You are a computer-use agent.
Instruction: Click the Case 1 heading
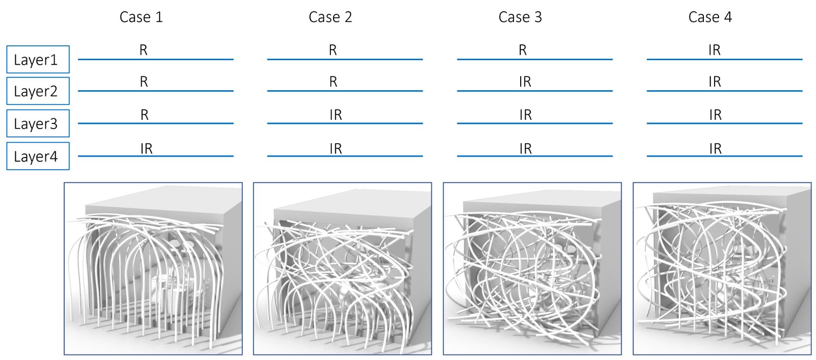[x=141, y=17]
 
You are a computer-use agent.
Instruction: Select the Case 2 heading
[x=330, y=17]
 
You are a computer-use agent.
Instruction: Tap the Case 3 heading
[x=520, y=17]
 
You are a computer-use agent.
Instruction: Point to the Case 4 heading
[x=709, y=17]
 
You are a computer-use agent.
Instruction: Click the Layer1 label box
[x=38, y=59]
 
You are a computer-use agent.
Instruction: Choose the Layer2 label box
[x=38, y=91]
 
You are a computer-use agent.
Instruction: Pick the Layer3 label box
[x=38, y=123]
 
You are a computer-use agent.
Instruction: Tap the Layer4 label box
[x=38, y=156]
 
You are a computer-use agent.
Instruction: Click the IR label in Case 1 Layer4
[x=146, y=148]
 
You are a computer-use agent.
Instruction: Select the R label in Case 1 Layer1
[x=143, y=50]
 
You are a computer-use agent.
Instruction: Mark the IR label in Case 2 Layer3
[x=336, y=115]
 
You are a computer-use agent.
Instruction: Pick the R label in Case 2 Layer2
[x=333, y=82]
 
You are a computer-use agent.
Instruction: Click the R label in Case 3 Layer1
[x=522, y=50]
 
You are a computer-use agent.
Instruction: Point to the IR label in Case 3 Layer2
[x=525, y=82]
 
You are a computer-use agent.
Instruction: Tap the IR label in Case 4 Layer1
[x=714, y=50]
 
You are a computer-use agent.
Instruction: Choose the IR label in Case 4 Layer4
[x=715, y=148]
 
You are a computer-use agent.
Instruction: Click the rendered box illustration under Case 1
[x=153, y=269]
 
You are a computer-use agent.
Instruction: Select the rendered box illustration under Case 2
[x=342, y=269]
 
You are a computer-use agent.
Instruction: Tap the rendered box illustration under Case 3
[x=532, y=269]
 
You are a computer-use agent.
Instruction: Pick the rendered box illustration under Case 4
[x=722, y=269]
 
